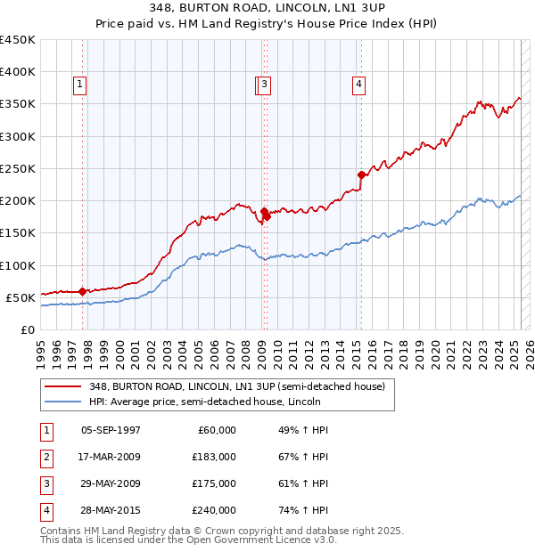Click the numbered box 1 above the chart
pos(79,85)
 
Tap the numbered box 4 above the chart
pos(358,85)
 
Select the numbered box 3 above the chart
pos(266,85)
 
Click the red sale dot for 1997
pos(82,290)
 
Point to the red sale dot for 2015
pos(361,175)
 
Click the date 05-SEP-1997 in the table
pos(111,430)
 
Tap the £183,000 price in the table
pos(213,457)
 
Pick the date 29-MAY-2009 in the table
pos(111,483)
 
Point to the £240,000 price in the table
pos(213,510)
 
